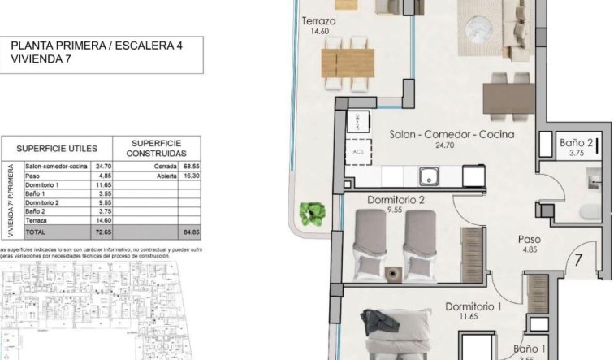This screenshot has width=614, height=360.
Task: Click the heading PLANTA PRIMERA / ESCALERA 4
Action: [x=96, y=46]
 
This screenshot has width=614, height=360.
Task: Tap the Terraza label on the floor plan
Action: [x=318, y=21]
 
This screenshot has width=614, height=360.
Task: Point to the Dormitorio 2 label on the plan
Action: [x=396, y=200]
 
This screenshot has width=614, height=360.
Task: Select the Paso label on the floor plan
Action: [x=530, y=239]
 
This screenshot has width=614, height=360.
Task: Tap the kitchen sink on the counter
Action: [x=428, y=176]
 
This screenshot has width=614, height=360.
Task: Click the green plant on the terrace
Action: [x=310, y=213]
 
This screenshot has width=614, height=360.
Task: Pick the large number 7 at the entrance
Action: [x=577, y=262]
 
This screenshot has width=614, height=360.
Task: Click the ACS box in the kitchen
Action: [x=358, y=151]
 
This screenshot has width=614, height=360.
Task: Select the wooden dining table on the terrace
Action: [x=348, y=61]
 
